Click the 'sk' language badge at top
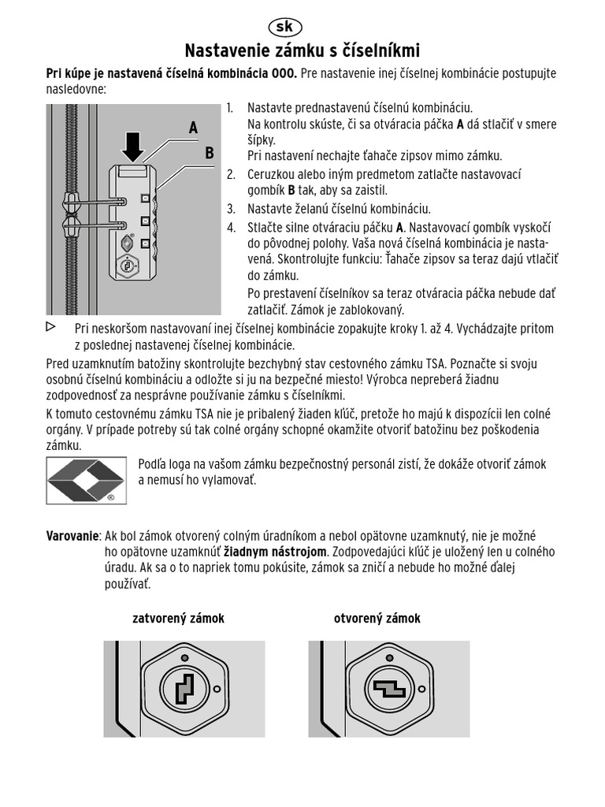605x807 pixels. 284,27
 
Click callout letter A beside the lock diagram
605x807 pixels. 193,128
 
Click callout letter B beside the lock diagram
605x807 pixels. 210,153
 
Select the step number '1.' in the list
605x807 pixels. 230,108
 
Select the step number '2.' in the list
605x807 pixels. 231,174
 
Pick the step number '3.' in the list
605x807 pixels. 231,209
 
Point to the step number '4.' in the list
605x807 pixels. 231,228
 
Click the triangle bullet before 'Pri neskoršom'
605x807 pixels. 51,327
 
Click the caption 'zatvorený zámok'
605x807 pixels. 178,619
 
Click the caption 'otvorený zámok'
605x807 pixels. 377,619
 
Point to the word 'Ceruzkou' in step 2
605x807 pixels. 273,174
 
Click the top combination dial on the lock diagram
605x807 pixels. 145,198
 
